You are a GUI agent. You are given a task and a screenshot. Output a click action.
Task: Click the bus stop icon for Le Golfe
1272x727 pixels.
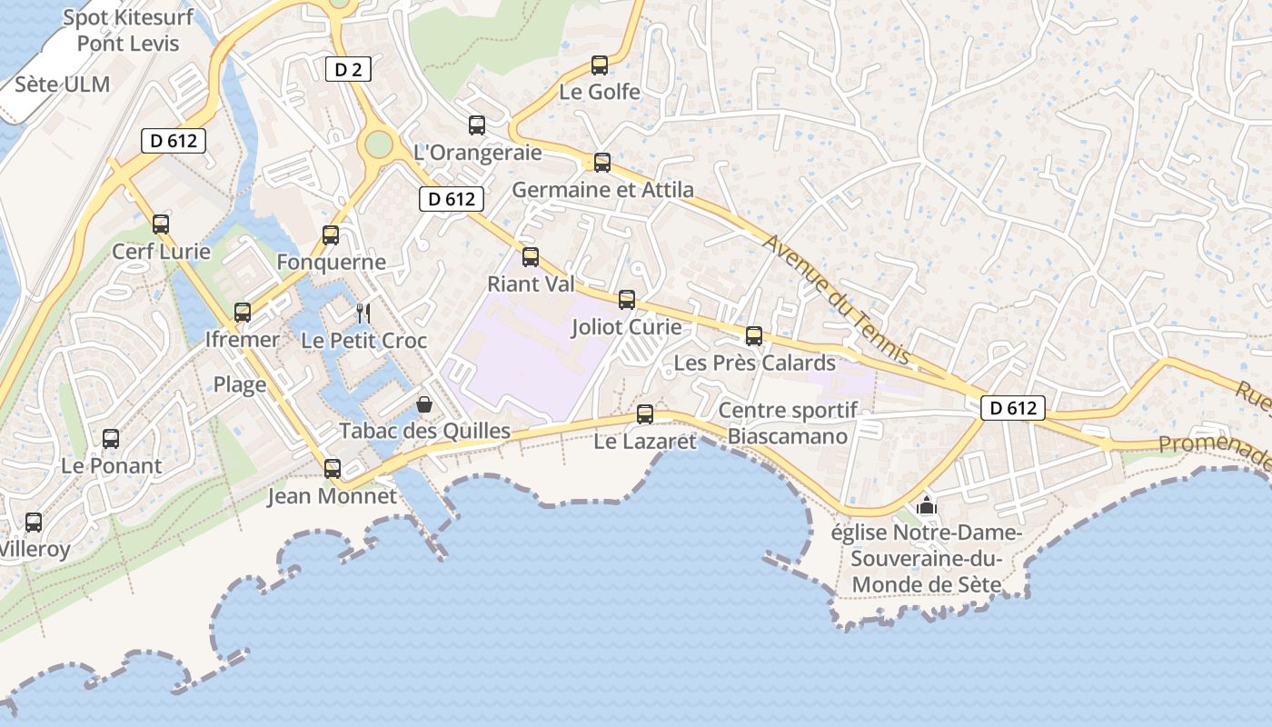point(600,65)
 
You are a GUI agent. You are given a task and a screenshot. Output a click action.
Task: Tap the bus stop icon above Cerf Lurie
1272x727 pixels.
point(161,224)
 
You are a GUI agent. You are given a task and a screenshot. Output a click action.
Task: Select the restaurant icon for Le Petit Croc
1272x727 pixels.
point(363,314)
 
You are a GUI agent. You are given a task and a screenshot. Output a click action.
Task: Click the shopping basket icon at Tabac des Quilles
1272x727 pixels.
point(424,404)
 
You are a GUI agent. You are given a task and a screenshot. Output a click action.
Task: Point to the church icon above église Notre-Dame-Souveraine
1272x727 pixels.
point(927,506)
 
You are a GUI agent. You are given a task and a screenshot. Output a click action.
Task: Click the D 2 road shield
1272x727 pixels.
point(348,68)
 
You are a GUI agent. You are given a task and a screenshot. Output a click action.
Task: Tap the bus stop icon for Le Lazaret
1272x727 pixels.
point(645,414)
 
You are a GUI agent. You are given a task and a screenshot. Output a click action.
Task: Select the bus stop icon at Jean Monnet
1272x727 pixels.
point(333,469)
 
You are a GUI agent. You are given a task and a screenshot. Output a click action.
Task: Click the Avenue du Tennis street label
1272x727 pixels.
point(836,299)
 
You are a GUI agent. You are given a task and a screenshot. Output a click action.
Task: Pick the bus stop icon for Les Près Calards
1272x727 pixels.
point(754,336)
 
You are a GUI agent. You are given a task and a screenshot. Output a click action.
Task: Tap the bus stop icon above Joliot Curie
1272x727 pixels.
point(627,300)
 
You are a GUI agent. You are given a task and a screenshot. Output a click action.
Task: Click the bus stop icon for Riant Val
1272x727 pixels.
point(531,257)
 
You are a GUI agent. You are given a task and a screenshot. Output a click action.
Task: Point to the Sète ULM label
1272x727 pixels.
point(63,85)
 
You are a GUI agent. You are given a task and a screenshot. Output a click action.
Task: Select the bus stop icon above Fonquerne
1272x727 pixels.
point(331,235)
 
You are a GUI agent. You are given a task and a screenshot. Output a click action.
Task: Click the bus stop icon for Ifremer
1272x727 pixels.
point(243,313)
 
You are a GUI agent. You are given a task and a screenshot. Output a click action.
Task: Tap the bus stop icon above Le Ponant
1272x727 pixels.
point(111,439)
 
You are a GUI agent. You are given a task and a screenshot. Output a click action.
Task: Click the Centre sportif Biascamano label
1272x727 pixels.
point(788,423)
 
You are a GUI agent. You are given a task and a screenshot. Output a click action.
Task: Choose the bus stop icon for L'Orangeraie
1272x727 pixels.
point(477,125)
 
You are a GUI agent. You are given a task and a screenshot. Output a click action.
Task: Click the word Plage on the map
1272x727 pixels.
point(240,384)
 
